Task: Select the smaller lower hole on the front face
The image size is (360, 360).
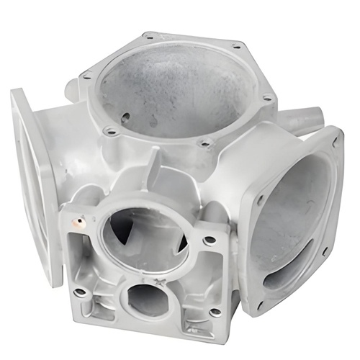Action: click(148, 297)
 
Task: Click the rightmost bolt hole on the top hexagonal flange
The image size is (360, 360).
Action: click(267, 98)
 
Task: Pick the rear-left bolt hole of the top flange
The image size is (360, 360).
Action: click(149, 35)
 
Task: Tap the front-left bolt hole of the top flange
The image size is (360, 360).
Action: click(110, 131)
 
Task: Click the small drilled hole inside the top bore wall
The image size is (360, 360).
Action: click(126, 115)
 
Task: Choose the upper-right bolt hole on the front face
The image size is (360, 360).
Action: click(210, 239)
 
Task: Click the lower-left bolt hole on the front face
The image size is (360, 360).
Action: click(81, 291)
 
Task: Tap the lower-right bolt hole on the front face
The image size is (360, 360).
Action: click(214, 311)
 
